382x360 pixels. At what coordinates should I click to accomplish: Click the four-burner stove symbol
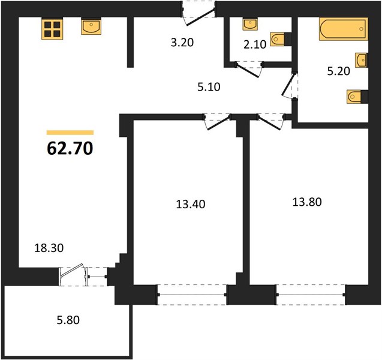52,29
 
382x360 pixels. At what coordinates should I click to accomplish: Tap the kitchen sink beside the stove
91,27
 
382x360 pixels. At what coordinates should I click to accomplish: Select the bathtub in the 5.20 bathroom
343,29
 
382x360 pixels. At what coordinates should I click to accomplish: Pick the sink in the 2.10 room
249,25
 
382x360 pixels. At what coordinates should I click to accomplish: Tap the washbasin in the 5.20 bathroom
362,60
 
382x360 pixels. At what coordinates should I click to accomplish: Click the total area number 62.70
70,148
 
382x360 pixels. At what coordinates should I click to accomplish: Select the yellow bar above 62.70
70,133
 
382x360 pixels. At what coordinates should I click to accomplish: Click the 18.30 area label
49,248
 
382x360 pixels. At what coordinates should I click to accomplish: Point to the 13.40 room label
191,204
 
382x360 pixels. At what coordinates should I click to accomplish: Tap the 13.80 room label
307,202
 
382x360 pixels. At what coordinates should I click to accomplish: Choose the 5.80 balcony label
68,320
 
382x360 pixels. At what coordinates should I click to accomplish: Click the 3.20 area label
182,43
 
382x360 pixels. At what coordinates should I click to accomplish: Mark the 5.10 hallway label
209,87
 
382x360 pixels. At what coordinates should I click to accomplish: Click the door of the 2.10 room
249,70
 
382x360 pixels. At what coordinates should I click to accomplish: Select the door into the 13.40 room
217,122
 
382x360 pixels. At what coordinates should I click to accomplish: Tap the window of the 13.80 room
311,295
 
